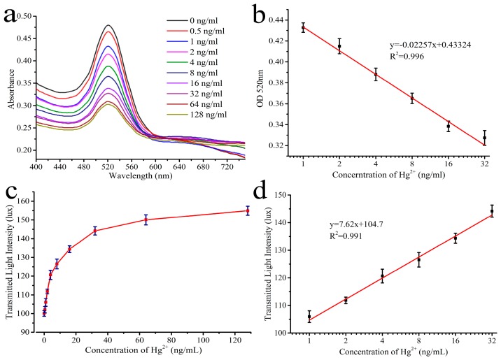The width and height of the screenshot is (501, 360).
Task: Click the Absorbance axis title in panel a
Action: pyautogui.click(x=9, y=85)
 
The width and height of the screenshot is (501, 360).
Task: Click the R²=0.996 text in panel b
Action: pyautogui.click(x=408, y=58)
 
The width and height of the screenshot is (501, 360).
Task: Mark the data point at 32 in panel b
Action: pyautogui.click(x=484, y=138)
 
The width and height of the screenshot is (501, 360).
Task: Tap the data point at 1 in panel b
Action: pyautogui.click(x=303, y=28)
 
